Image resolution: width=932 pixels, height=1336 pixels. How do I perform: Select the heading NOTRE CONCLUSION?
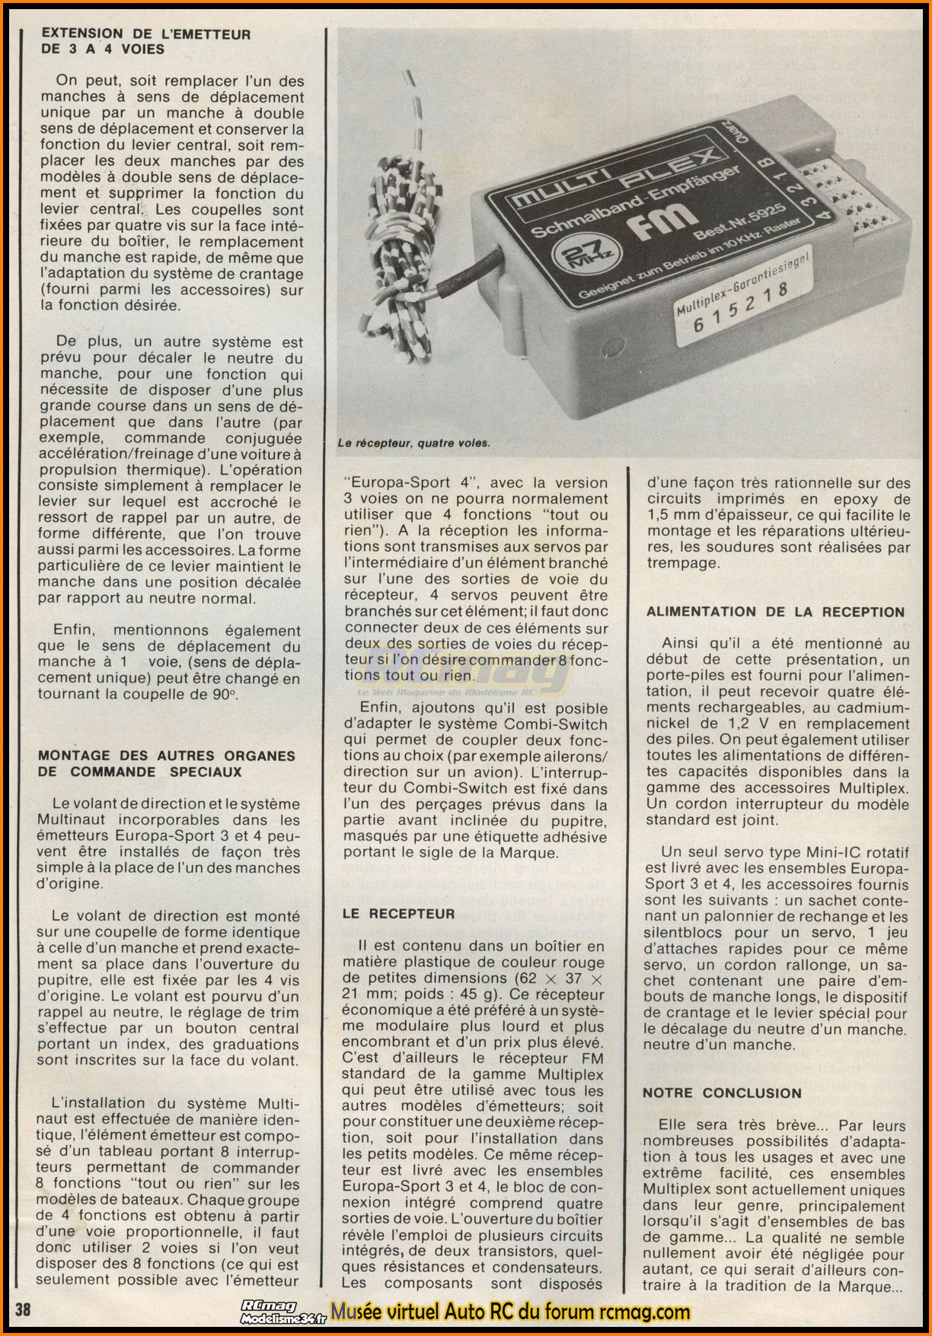tap(722, 1093)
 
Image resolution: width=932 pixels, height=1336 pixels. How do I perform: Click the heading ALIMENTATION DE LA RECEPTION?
tap(775, 612)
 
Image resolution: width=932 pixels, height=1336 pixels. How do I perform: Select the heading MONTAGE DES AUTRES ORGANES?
tap(167, 755)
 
